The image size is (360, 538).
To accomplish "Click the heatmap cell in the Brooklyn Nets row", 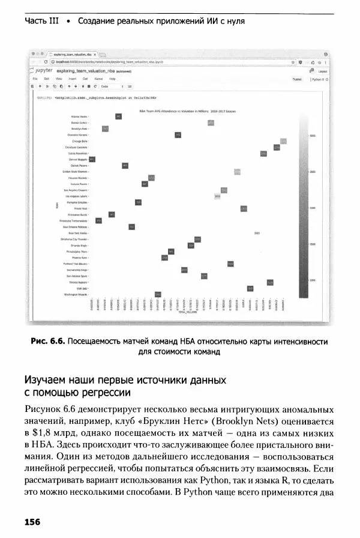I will click(105, 128).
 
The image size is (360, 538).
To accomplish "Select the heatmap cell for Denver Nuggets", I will click(92, 159).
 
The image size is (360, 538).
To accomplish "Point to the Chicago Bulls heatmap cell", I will click(283, 141).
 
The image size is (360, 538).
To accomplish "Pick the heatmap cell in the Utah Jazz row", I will click(250, 288).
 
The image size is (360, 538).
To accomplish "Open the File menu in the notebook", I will click(36, 79).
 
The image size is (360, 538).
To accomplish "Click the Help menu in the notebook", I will click(112, 79).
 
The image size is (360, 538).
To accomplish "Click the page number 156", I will click(32, 522).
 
